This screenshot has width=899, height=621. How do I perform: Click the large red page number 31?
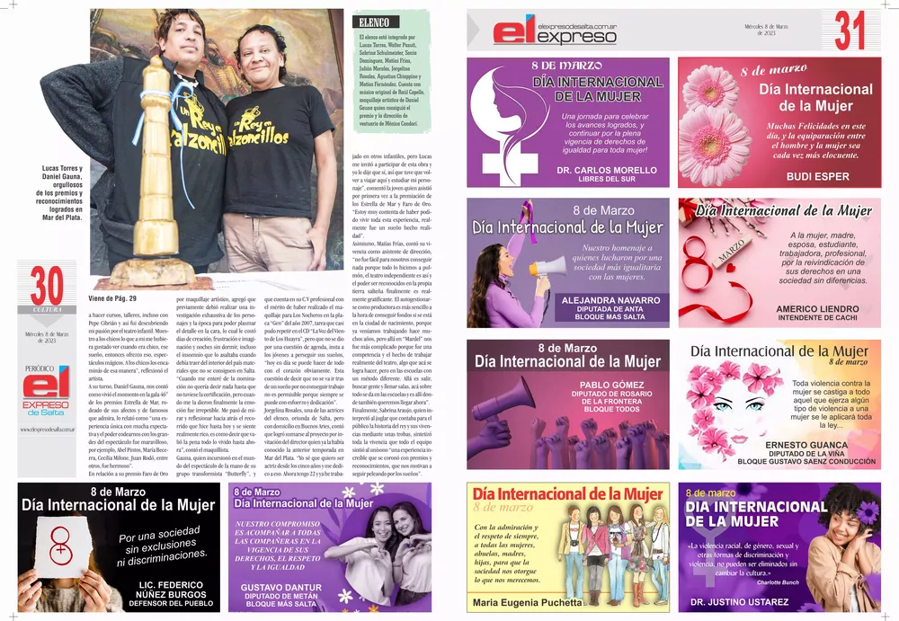pyautogui.click(x=850, y=31)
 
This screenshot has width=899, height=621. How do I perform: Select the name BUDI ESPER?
pyautogui.click(x=817, y=177)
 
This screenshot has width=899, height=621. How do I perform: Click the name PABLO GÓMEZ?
pyautogui.click(x=605, y=384)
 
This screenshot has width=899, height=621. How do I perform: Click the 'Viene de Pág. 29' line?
pyautogui.click(x=113, y=298)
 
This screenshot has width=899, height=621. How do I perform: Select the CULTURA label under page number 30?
pyautogui.click(x=47, y=310)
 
